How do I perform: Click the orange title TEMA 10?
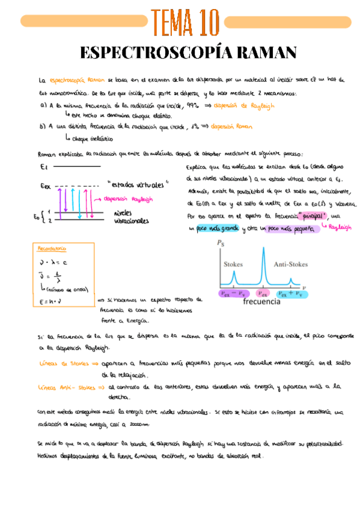(186, 23)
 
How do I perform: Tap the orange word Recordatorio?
(52, 248)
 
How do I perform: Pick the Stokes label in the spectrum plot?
(233, 264)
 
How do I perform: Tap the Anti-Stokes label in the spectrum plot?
(290, 264)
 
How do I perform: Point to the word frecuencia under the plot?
(262, 302)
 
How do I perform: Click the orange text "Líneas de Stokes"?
(59, 363)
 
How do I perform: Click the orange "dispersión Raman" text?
(231, 127)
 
